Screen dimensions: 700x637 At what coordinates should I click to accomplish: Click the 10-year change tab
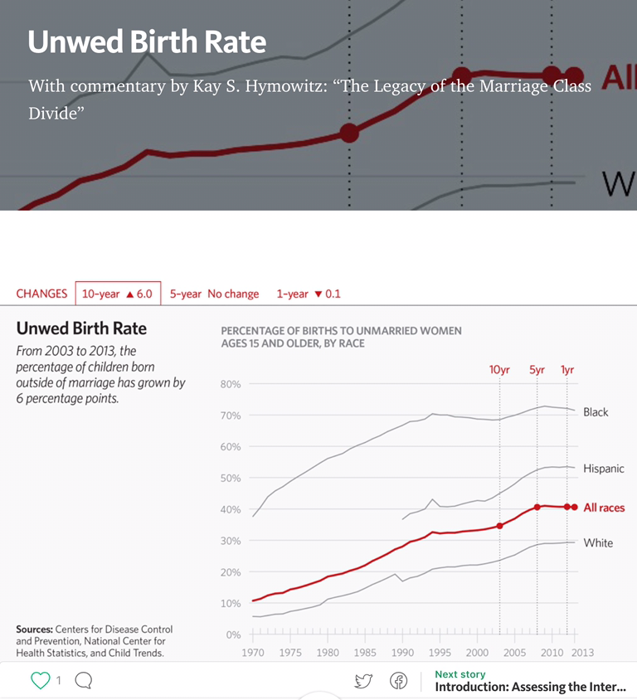point(117,294)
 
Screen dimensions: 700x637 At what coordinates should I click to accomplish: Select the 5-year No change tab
point(214,294)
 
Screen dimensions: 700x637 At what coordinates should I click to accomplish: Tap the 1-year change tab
point(309,294)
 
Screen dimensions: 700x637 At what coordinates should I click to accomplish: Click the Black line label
point(596,412)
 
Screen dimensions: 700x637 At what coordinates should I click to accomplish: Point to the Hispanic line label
point(603,469)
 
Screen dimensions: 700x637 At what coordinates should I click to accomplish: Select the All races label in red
point(604,508)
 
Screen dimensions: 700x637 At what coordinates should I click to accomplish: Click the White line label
point(598,543)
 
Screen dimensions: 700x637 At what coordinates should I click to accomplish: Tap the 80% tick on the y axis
point(231,384)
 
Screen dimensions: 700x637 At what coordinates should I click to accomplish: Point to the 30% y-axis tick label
point(231,541)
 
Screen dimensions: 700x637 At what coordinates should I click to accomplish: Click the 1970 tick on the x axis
point(253,653)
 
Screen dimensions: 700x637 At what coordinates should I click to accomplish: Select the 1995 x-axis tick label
point(440,653)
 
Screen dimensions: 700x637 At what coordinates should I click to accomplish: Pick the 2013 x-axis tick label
point(581,653)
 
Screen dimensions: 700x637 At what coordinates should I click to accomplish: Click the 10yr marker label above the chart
point(499,370)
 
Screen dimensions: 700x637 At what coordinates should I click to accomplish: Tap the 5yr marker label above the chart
point(537,370)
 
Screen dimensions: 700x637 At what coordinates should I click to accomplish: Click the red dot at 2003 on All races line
point(499,526)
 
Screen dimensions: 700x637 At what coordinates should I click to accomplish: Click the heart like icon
point(40,681)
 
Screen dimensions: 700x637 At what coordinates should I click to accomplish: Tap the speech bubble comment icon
point(83,681)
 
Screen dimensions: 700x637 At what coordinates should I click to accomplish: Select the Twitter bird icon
point(363,681)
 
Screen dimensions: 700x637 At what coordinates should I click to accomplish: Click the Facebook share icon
point(399,681)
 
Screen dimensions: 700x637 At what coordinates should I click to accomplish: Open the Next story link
point(529,682)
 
